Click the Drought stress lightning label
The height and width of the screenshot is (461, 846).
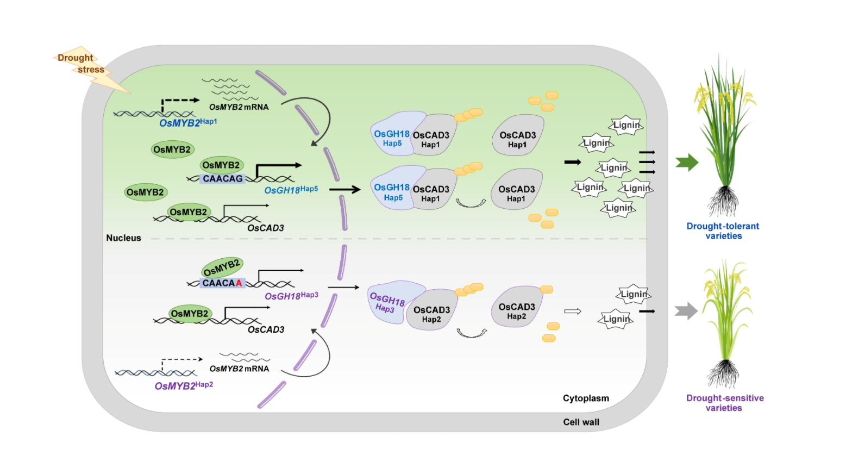click(82, 64)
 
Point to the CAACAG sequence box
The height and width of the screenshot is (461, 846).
click(222, 179)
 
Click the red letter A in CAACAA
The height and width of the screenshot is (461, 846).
click(239, 283)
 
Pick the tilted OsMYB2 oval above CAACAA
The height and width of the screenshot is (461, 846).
click(221, 267)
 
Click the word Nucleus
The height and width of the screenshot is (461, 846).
click(123, 238)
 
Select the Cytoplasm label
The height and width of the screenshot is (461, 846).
click(586, 398)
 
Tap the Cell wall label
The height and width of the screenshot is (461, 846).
click(581, 422)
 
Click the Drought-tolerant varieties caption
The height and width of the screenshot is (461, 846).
click(723, 231)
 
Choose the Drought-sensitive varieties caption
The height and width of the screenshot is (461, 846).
click(724, 403)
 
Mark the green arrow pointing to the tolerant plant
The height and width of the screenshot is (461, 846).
click(687, 162)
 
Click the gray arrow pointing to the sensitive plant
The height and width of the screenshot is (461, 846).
click(686, 311)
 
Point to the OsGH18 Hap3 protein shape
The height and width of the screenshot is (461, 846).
click(388, 302)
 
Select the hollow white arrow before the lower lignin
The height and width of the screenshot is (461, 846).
click(573, 312)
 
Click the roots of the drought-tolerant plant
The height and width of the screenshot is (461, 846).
click(723, 202)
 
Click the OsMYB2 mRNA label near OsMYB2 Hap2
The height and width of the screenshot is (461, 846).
click(239, 369)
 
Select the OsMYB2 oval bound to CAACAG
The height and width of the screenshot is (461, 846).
click(221, 165)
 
